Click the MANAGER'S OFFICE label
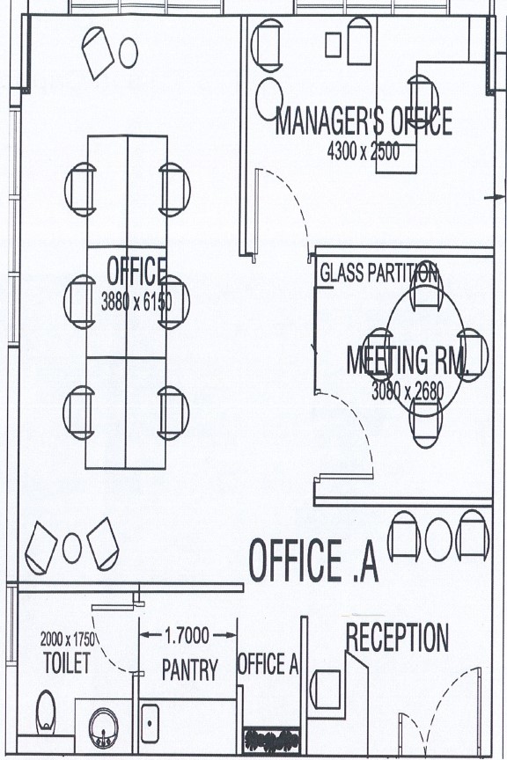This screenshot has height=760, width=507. coord(364,121)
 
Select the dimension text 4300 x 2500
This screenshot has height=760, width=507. coord(364,151)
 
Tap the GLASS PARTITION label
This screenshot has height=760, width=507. coord(378,273)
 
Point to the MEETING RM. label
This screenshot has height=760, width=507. coord(408,360)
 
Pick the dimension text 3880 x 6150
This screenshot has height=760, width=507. coord(136,302)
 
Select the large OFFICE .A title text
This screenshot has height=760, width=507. coord(313,560)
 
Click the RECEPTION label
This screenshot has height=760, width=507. coord(397,638)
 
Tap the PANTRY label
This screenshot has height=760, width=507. coord(190,670)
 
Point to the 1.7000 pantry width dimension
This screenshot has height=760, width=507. coord(187,635)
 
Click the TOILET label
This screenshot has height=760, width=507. coord(67,662)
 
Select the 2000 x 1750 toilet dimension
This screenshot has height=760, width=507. coord(68,639)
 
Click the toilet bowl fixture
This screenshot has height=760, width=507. coord(46,712)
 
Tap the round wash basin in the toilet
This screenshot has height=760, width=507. coord(104,727)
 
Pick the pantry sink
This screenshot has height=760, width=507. coord(150,724)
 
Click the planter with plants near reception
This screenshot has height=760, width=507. coord(271,740)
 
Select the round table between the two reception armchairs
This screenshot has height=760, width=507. coord(438,539)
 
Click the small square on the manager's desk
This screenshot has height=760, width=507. coord(333,45)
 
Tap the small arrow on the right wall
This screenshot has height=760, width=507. coord(495,197)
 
